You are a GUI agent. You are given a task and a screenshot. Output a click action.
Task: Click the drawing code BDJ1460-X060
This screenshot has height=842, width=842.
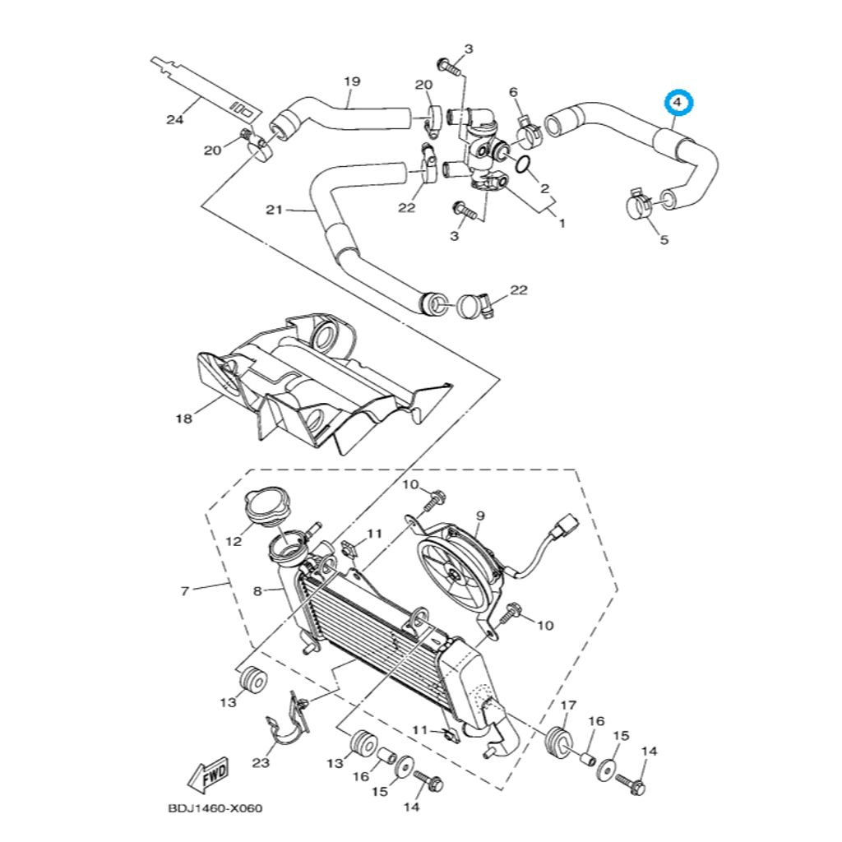[x=215, y=808]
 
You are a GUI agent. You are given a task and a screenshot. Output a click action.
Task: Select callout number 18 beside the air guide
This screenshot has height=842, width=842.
[x=183, y=419]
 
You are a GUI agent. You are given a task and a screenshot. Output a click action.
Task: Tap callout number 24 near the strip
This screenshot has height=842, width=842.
[x=173, y=120]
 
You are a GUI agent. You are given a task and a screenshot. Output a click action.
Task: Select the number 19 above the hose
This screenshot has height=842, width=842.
[x=352, y=81]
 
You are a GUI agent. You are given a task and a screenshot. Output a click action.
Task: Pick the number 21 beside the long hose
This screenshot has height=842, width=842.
[x=274, y=210]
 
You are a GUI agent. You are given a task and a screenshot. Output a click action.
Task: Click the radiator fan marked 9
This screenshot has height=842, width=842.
[x=458, y=571]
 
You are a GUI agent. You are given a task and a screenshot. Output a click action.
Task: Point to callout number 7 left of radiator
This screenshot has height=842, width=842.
[x=185, y=590]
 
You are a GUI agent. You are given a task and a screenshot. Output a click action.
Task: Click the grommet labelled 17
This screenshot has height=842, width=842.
[x=558, y=740]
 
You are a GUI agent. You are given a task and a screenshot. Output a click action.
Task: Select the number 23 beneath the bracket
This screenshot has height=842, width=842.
[x=261, y=763]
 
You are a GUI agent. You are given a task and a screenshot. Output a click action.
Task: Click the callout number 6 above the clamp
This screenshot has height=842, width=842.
[x=514, y=91]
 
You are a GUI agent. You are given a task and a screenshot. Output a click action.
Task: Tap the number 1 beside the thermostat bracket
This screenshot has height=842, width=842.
[x=562, y=223]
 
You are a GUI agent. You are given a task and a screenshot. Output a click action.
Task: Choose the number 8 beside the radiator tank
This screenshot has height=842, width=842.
[x=257, y=590]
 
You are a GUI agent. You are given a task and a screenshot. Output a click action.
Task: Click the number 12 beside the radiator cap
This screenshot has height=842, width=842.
[x=233, y=541]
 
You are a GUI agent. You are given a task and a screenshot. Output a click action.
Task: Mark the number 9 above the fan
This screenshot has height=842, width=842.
[x=480, y=516]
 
